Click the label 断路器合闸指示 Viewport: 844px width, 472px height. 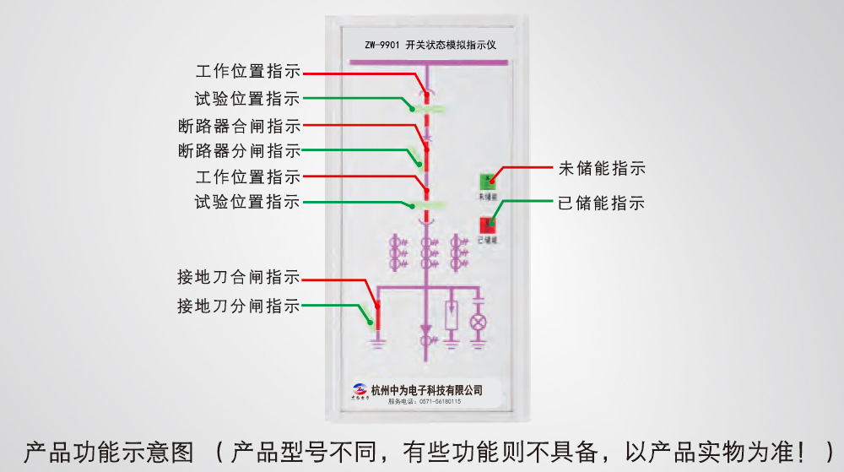point(239,127)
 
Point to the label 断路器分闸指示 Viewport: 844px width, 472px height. point(239,152)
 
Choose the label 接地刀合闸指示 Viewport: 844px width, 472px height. point(238,277)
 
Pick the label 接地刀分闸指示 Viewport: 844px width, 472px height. point(238,306)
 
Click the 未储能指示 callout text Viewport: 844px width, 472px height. point(602,168)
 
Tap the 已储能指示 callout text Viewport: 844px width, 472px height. point(602,203)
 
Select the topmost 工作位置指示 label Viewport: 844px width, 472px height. point(247,72)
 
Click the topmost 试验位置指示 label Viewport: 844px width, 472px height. point(247,99)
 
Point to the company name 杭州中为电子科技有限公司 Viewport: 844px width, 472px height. point(426,389)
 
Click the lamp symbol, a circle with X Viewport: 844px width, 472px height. point(479,323)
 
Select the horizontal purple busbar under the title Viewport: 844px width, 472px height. point(427,62)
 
